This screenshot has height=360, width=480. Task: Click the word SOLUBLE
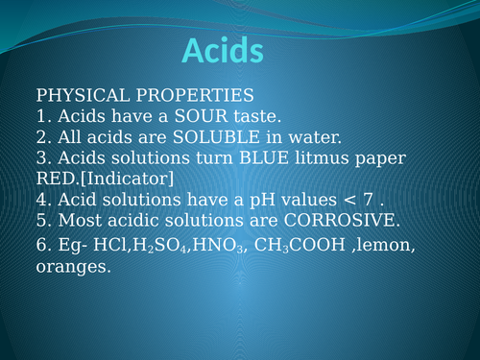[x=191, y=137]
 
